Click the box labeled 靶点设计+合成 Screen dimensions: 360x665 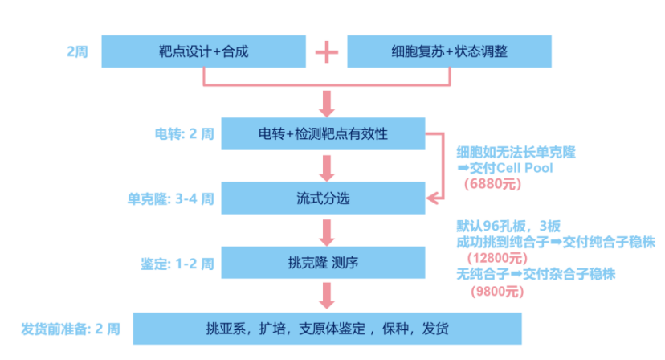(x=204, y=52)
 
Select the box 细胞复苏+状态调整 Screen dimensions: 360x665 (x=448, y=52)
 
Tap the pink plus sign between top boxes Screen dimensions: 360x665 (x=325, y=52)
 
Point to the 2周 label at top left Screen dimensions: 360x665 (x=79, y=52)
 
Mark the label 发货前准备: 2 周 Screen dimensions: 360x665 (x=71, y=329)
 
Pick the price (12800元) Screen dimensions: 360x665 (x=499, y=258)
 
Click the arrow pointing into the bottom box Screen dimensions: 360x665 (x=325, y=297)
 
